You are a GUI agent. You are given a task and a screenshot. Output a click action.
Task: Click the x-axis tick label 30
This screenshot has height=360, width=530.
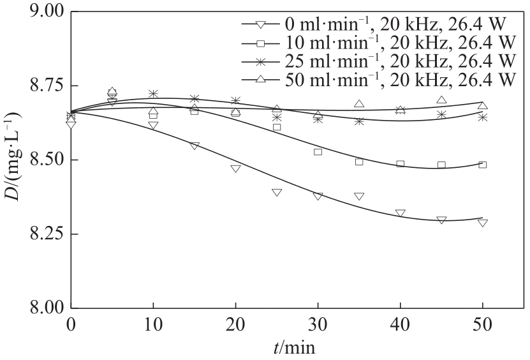coord(318,325)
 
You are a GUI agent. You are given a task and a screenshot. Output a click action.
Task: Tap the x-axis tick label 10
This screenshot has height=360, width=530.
coord(153,325)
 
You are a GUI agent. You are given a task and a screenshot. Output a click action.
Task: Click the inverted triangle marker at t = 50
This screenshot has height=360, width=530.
coord(483,223)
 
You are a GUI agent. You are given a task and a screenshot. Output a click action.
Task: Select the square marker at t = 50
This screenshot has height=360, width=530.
coord(483,165)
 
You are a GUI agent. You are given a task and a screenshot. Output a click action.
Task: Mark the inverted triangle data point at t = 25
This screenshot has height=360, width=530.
coord(277,192)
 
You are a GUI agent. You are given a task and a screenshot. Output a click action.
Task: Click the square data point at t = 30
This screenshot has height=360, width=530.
coord(318,152)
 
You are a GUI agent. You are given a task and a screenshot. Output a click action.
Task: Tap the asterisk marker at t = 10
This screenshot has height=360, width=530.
coord(153,94)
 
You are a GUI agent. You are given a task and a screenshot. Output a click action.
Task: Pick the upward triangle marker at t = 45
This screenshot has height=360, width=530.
coord(441,100)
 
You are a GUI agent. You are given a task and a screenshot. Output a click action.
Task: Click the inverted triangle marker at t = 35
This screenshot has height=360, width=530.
coord(359,196)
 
